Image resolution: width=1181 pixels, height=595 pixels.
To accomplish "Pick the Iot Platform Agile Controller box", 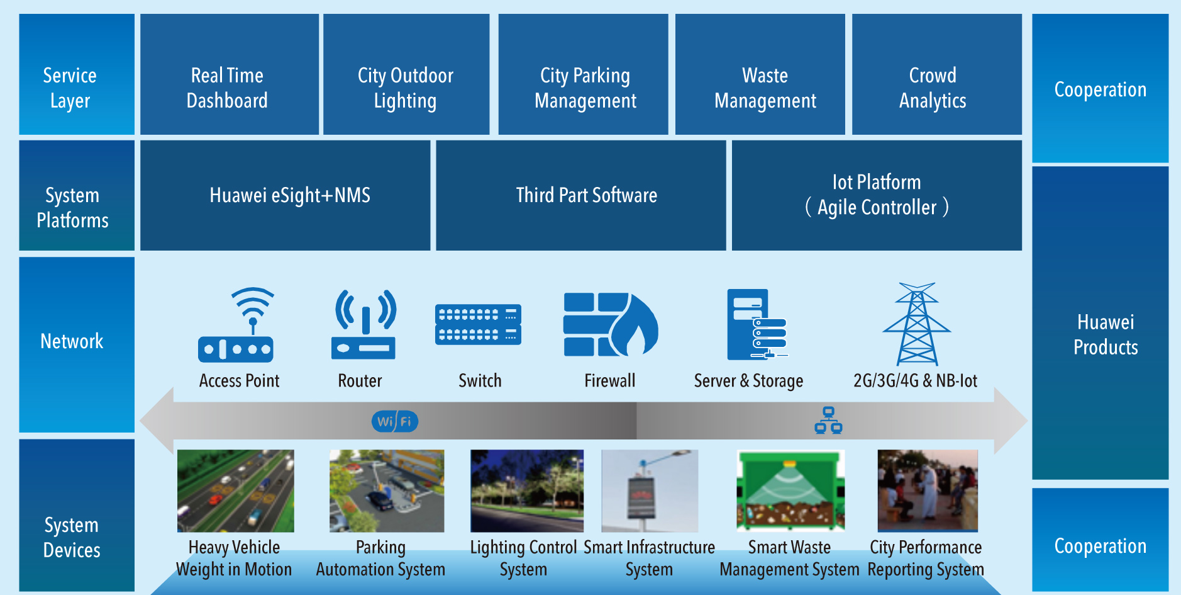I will (x=877, y=195).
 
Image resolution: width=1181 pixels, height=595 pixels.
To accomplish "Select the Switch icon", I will (x=478, y=325).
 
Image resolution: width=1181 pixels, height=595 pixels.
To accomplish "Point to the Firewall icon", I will (x=610, y=325).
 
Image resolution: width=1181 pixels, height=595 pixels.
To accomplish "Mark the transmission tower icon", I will (x=916, y=324).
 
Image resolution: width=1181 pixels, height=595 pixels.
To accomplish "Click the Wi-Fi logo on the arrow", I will (x=395, y=421).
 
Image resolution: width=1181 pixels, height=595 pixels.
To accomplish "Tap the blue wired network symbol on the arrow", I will (x=828, y=421).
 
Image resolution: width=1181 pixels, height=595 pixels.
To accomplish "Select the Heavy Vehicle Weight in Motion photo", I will (x=235, y=490).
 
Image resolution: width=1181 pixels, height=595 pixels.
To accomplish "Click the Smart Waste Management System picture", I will (x=790, y=490).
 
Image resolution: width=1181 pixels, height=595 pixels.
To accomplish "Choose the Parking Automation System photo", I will (x=387, y=490).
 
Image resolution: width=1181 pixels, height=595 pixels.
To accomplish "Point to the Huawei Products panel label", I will (x=1106, y=335).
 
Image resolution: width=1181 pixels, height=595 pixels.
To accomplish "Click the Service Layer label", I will (x=70, y=88).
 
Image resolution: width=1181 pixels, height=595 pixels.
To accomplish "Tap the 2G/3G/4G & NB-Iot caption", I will (x=915, y=381).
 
